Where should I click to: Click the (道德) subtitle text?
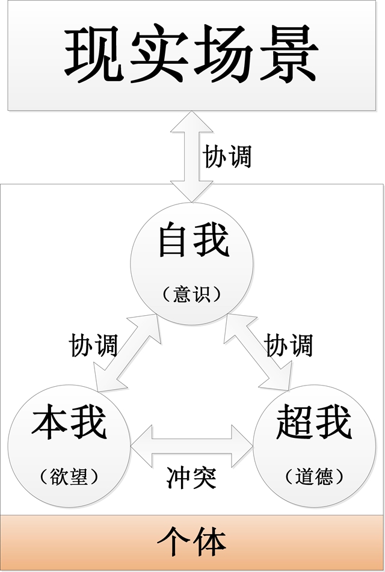point(315,477)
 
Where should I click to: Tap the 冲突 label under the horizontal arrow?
point(191,478)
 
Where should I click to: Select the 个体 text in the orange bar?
point(192,543)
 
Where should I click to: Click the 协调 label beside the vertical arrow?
point(227,156)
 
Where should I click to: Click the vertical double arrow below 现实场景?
point(188,156)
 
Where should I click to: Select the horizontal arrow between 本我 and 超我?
point(192,444)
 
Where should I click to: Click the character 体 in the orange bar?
point(210,543)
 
